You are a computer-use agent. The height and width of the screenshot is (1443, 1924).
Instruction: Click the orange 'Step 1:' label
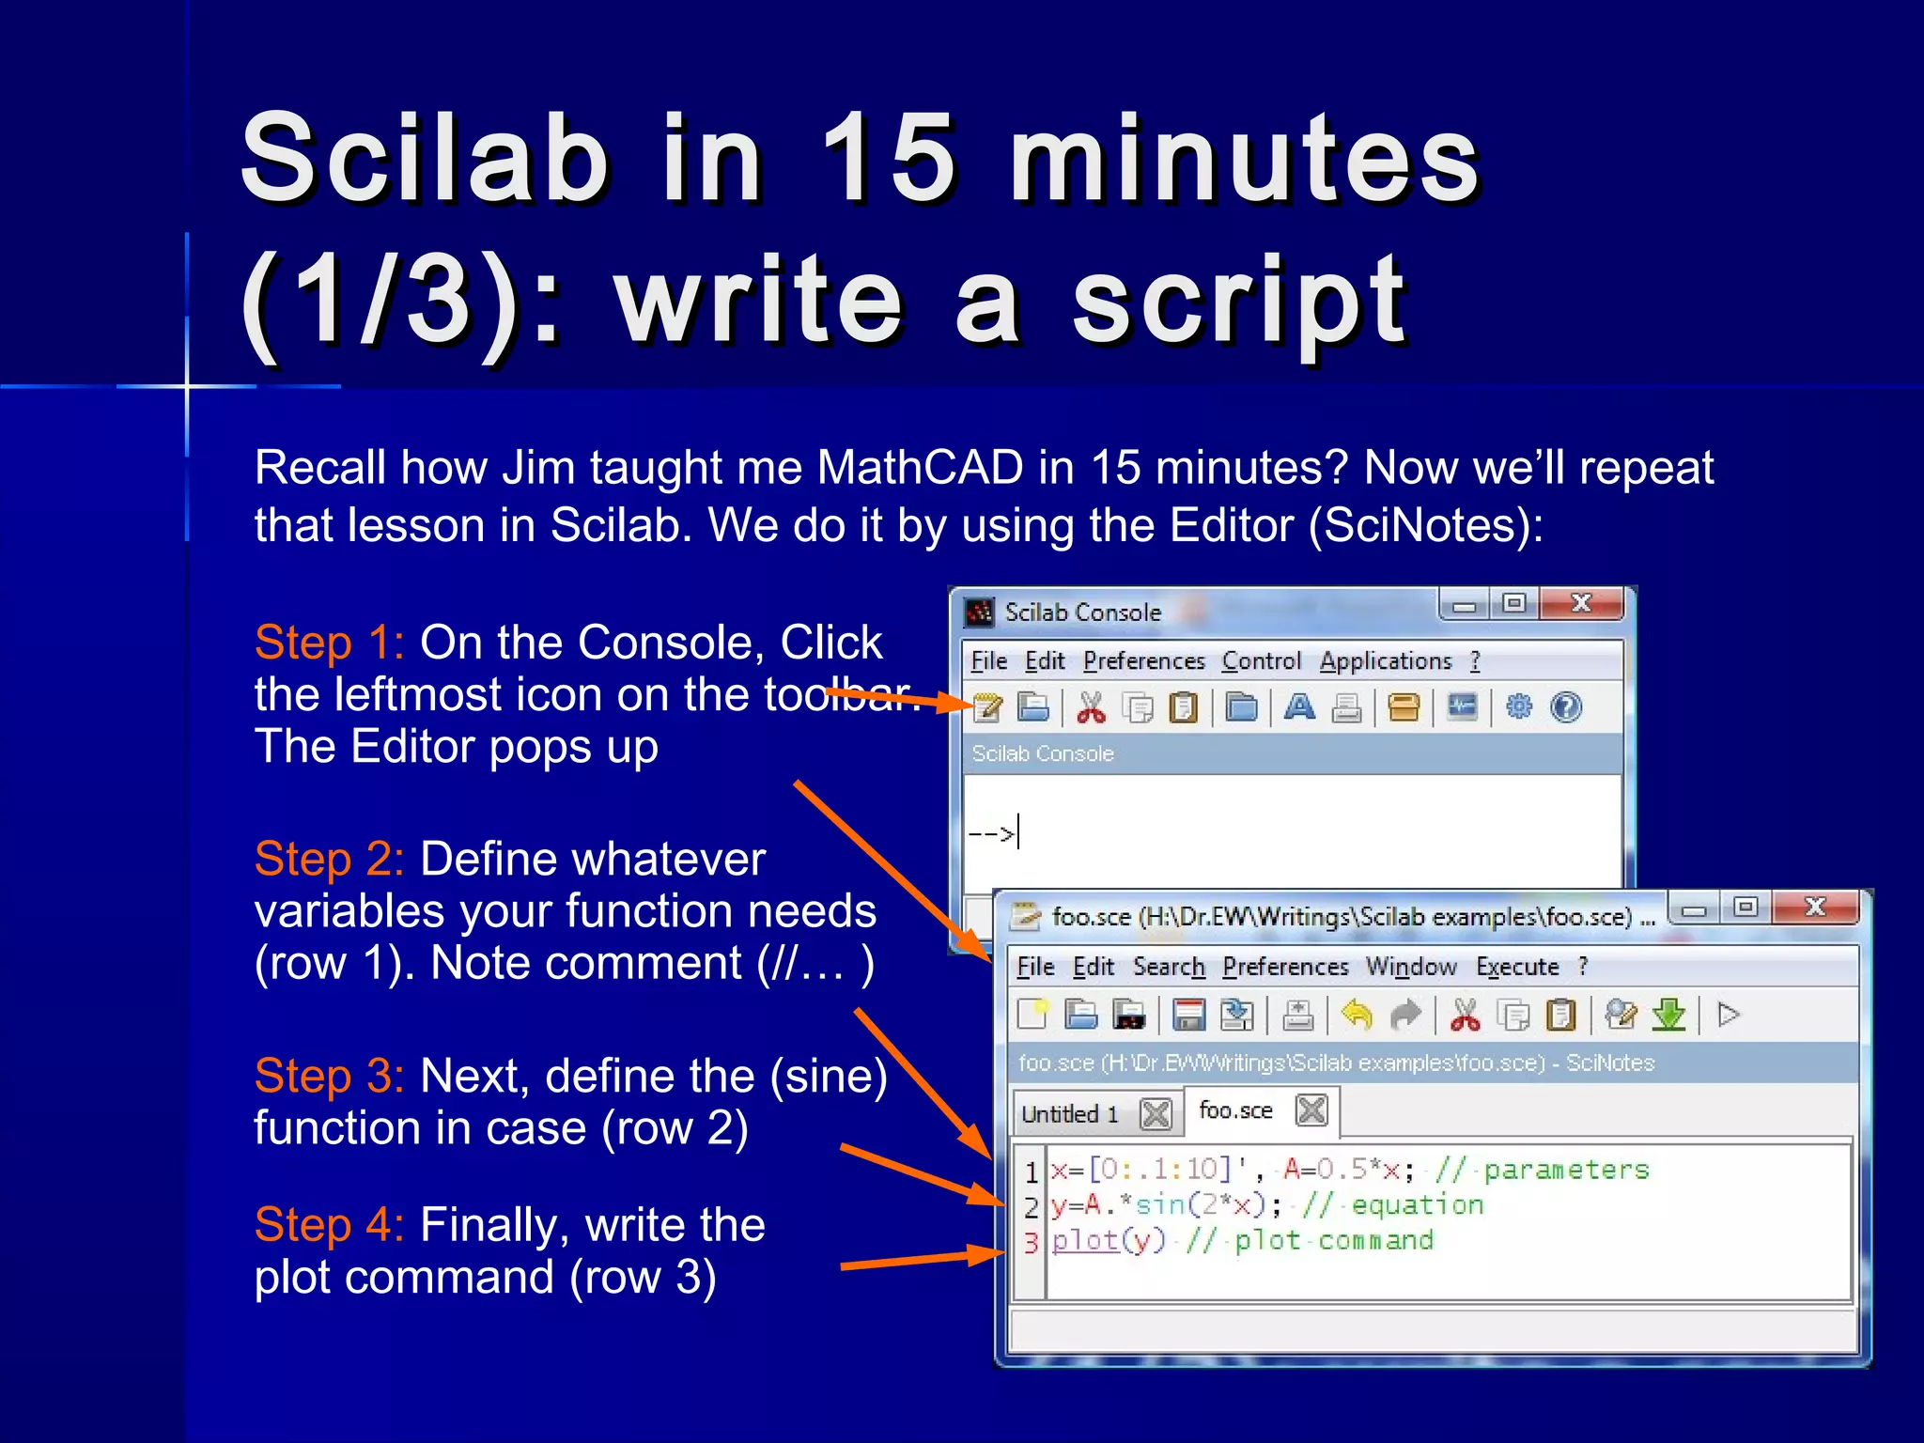[x=329, y=644]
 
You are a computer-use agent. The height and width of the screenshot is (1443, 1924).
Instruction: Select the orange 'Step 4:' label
[x=329, y=1225]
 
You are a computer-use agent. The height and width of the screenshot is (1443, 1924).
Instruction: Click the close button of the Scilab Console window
[x=1582, y=604]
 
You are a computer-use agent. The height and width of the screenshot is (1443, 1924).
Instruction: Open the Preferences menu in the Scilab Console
[x=1143, y=661]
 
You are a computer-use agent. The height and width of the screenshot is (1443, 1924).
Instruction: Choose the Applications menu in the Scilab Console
[x=1385, y=661]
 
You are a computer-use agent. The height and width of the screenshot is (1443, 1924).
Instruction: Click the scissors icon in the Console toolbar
[x=1091, y=707]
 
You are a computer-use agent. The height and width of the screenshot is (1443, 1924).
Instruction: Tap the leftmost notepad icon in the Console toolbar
[x=986, y=707]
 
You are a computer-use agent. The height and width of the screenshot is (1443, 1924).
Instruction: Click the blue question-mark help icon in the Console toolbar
[x=1566, y=707]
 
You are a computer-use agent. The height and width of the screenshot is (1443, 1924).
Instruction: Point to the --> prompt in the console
[x=992, y=833]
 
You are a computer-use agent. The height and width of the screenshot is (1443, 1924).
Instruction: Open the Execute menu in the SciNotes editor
[x=1516, y=967]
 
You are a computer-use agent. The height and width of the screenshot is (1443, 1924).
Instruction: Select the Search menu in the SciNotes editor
[x=1168, y=967]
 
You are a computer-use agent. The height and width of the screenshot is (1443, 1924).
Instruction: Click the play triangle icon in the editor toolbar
[x=1729, y=1015]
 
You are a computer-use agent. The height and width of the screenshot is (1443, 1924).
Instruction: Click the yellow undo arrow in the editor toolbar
[x=1357, y=1015]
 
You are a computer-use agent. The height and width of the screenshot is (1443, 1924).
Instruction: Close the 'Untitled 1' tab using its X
[x=1155, y=1114]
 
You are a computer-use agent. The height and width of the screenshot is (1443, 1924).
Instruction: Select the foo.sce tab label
[x=1235, y=1110]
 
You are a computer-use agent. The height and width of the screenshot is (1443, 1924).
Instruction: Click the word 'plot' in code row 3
[x=1085, y=1241]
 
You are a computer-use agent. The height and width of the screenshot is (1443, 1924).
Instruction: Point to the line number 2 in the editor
[x=1031, y=1207]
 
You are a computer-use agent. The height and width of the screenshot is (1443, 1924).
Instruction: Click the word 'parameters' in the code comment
[x=1566, y=1170]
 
